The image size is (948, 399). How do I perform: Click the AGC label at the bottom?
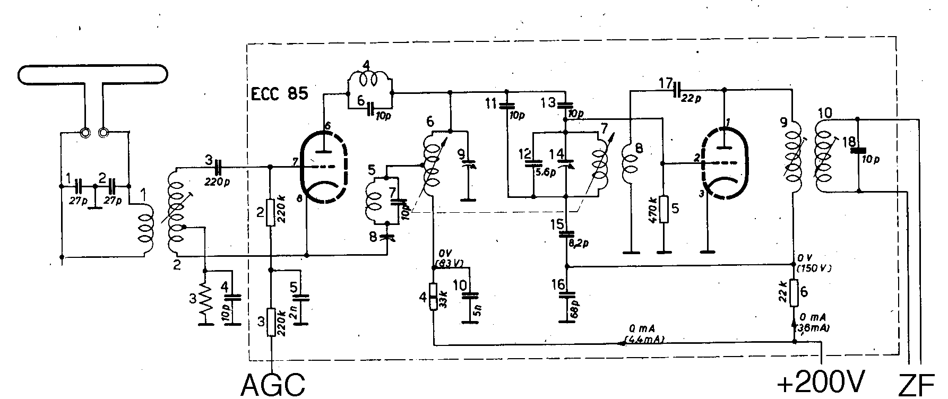pyautogui.click(x=273, y=384)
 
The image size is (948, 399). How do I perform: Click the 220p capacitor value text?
pyautogui.click(x=217, y=181)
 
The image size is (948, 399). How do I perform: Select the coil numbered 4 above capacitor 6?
pyautogui.click(x=369, y=79)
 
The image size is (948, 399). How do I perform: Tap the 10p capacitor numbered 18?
pyautogui.click(x=858, y=150)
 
